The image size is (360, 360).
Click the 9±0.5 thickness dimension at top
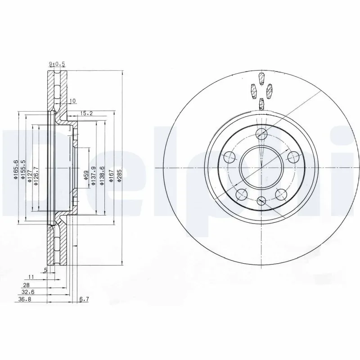coord(57,65)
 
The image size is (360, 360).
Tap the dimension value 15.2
coord(87,113)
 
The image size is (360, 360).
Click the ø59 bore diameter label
coord(85,175)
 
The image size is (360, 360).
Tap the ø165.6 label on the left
coord(16,171)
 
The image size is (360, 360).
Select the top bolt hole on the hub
coord(261,134)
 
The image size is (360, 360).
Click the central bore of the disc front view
coord(261,168)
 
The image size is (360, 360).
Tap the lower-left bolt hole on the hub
coord(242,194)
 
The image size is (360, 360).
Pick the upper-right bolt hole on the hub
coord(293,157)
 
